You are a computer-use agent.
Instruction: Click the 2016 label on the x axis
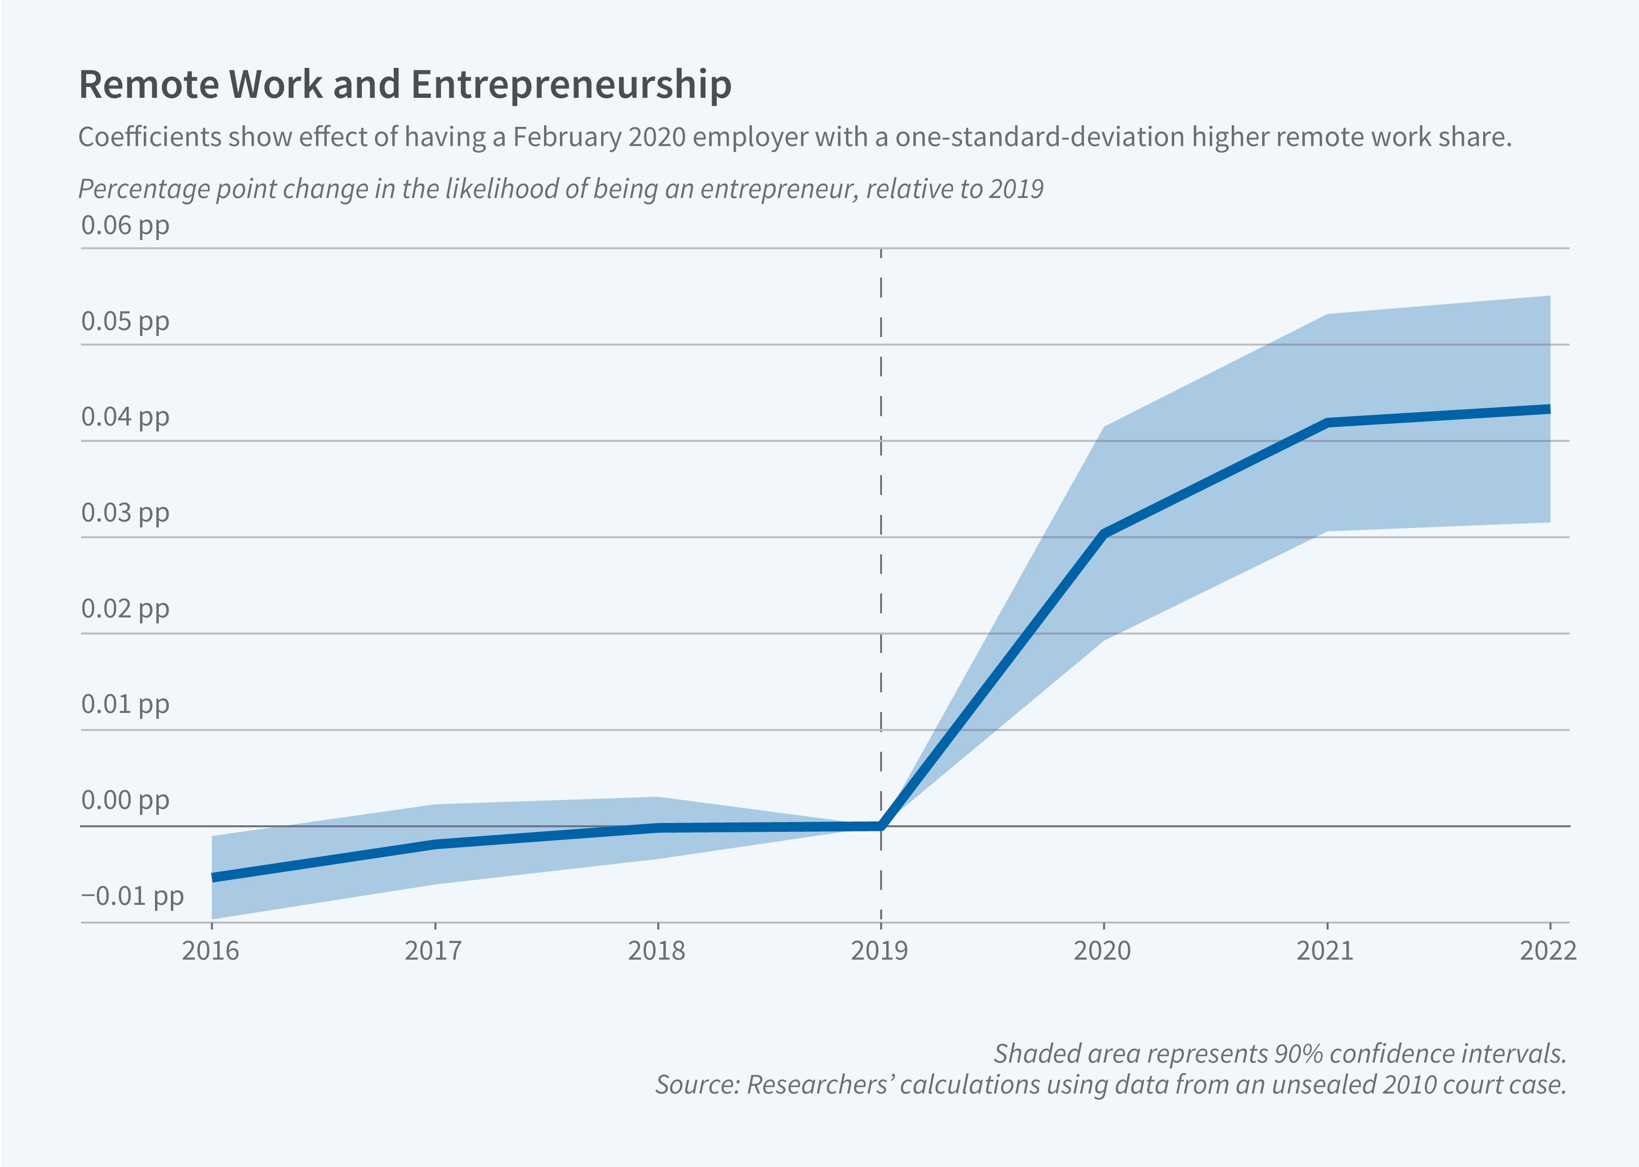coord(211,951)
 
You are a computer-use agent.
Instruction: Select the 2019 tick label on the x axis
coord(880,951)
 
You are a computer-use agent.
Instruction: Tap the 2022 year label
coord(1548,951)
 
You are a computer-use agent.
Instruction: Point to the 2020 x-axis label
coord(1102,951)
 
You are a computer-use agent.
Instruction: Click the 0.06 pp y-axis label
coord(125,226)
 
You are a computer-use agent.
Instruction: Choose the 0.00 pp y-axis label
coord(125,800)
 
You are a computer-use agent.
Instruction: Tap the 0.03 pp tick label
coord(125,513)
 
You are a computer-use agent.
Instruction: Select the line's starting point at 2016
coord(213,877)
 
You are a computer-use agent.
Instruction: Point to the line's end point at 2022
coord(1549,409)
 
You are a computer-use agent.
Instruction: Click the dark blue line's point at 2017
coord(435,844)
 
